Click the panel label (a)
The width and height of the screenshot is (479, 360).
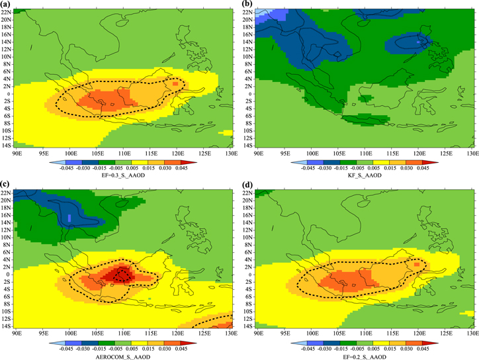pos(7,5)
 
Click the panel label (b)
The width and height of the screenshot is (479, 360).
pos(247,5)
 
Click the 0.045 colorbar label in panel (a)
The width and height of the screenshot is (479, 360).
pos(189,168)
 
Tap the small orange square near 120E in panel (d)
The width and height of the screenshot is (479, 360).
pos(416,263)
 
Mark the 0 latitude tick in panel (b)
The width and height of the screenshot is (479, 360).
pos(252,93)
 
